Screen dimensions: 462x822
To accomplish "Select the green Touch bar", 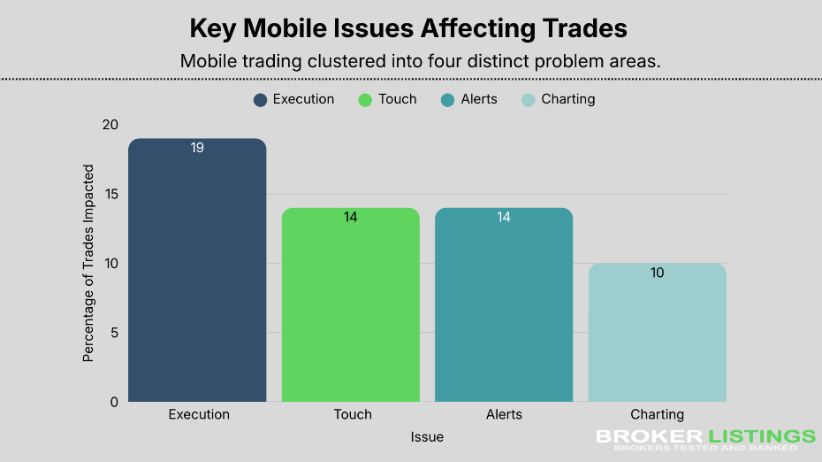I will (350, 304).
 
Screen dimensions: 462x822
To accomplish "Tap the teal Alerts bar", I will (504, 304).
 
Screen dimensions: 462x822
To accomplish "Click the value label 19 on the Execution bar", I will (197, 148).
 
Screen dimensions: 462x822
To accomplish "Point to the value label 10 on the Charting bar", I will (657, 273).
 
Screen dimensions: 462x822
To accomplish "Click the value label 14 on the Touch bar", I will (350, 217).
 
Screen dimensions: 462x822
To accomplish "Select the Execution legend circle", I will (260, 100).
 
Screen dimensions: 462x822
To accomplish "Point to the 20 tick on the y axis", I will (110, 125).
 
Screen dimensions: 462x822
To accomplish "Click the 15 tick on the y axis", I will (110, 194).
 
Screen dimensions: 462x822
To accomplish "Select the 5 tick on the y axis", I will (113, 333).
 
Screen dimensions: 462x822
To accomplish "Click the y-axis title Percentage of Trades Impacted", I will (88, 263).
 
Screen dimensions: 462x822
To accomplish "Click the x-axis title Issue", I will (427, 437).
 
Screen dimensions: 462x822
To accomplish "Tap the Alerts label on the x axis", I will (504, 414).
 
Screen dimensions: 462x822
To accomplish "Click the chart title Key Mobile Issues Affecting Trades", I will (408, 28).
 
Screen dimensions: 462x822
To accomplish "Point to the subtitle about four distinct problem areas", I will (421, 62).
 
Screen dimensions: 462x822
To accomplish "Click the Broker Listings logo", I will (704, 440).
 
